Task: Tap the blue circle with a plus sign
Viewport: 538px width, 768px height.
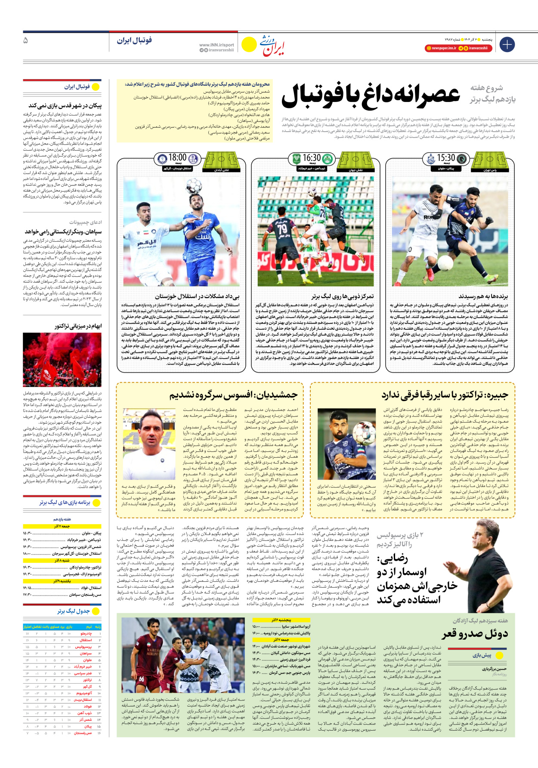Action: point(507,44)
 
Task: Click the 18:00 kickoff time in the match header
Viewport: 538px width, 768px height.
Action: point(177,158)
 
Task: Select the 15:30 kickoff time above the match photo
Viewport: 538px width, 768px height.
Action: point(446,158)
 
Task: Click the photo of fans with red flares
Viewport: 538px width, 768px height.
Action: point(62,360)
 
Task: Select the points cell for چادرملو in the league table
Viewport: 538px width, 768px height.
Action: point(28,633)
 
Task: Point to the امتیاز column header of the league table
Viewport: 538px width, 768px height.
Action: point(28,627)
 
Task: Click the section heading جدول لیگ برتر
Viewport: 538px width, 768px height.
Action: point(73,611)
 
